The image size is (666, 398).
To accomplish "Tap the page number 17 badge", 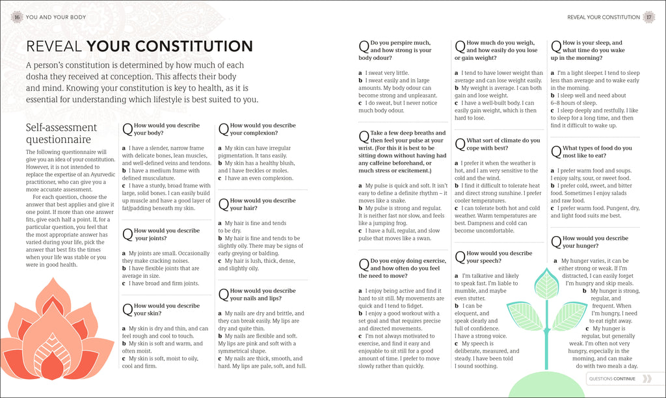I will click(648, 17).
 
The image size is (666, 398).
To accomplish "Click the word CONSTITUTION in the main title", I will click(170, 46).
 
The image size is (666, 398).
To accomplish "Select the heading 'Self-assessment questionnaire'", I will click(61, 133).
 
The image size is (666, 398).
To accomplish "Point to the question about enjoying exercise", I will click(398, 267).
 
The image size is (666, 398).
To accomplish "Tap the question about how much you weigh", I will click(495, 50).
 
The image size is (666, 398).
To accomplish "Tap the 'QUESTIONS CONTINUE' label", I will click(611, 378).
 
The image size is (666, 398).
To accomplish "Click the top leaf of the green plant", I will click(546, 284).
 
